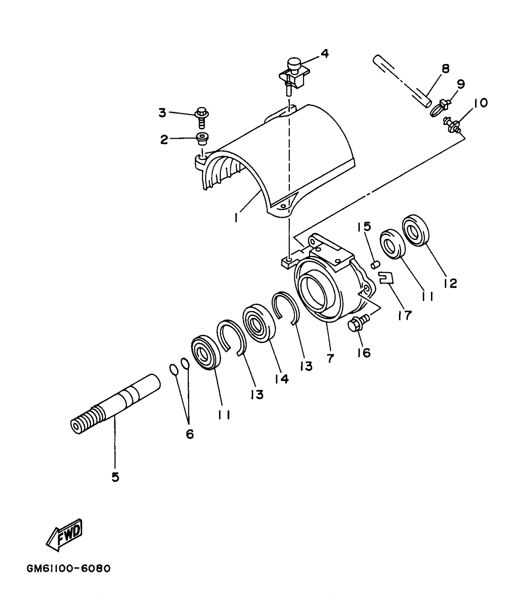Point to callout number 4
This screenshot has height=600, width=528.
tap(324, 54)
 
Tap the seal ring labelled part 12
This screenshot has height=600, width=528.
tap(416, 230)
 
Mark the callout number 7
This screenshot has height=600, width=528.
tap(330, 358)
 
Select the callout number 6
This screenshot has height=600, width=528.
tap(190, 434)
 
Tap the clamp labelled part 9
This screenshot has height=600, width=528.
tap(440, 107)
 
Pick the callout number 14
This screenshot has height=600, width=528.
tap(282, 379)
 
